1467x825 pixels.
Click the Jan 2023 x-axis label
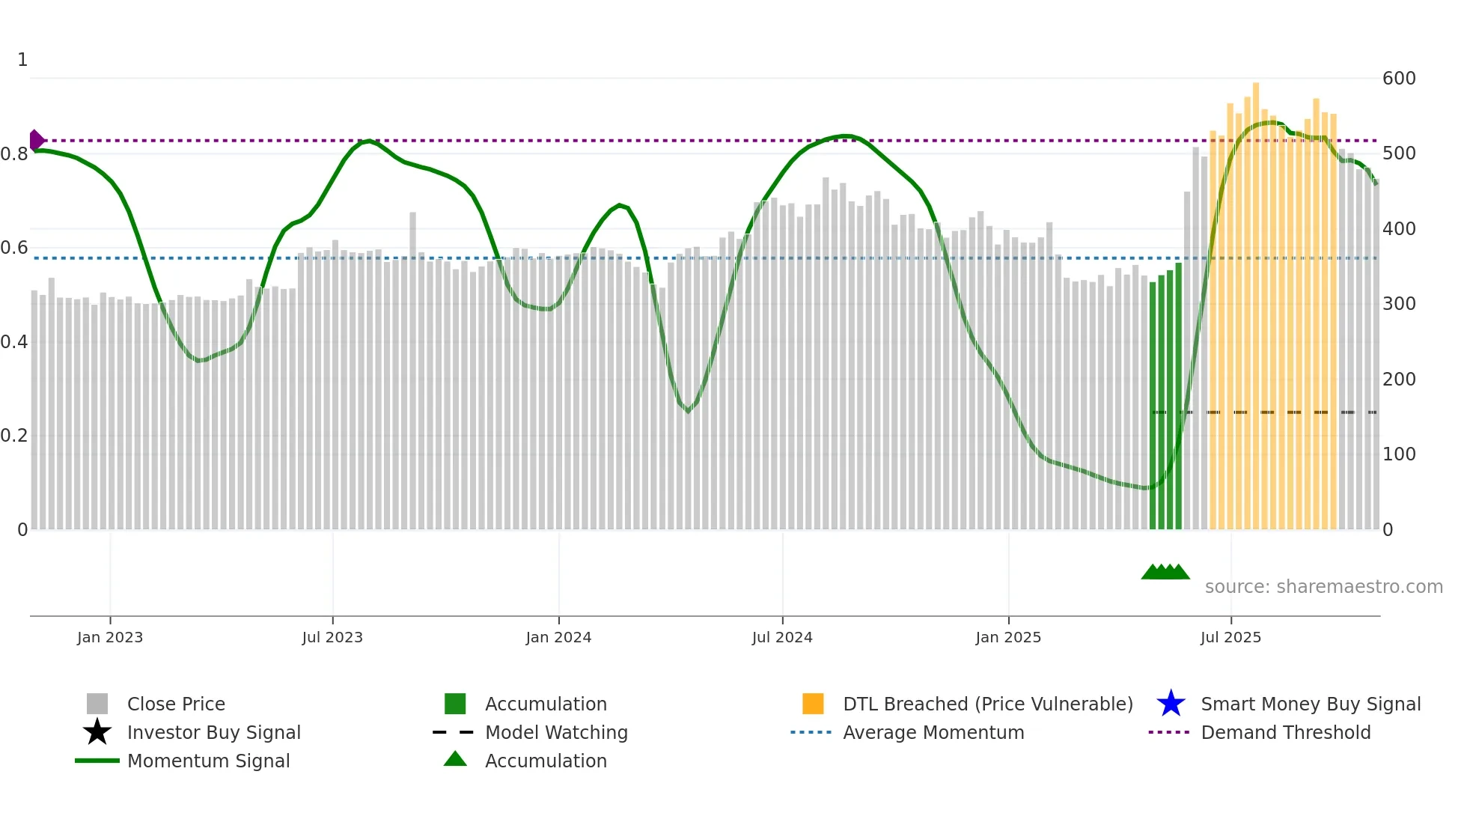pos(109,637)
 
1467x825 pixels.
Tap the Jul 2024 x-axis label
pos(782,637)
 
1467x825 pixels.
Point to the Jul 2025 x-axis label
pos(1230,637)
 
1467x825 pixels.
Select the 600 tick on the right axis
pos(1399,79)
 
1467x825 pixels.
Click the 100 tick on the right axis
pos(1399,454)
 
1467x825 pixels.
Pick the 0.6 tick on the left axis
pos(14,248)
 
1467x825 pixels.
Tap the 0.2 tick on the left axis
pos(14,436)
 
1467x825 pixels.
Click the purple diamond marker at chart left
pos(36,140)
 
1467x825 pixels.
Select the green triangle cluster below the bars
pos(1165,572)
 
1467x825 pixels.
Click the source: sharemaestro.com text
pos(1323,587)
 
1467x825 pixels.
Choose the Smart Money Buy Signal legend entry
pos(1311,704)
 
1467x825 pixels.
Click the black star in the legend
pos(97,732)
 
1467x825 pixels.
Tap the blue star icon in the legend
pos(1171,704)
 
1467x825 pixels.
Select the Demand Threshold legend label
pos(1285,733)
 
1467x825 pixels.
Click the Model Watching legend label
pos(556,733)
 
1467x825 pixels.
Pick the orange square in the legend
pos(813,704)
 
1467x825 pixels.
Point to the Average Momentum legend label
pos(933,733)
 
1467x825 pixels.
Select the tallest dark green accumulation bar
pos(1179,397)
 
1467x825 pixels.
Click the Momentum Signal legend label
pos(208,761)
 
